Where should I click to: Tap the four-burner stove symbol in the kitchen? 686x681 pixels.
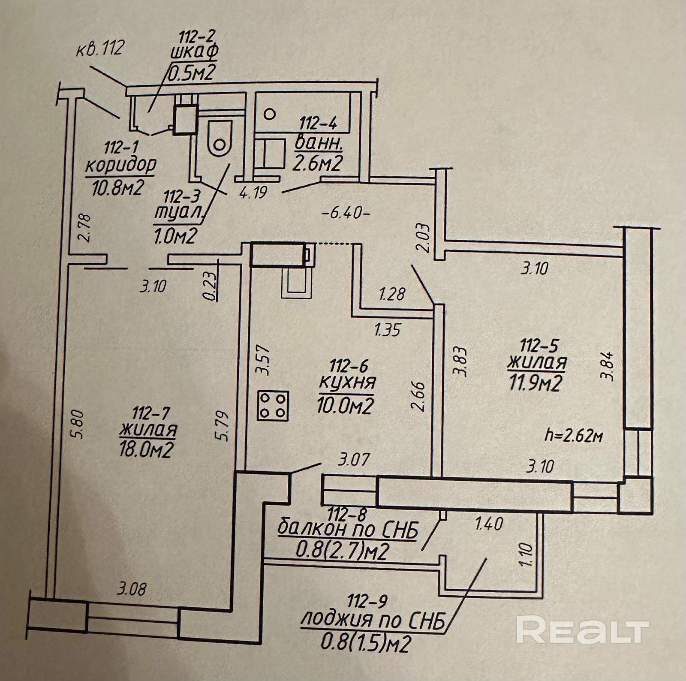click(273, 406)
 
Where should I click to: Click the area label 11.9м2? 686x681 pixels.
click(535, 383)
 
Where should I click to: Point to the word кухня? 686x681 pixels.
click(347, 382)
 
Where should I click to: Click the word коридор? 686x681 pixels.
click(121, 166)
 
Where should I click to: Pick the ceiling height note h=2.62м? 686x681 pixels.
click(574, 436)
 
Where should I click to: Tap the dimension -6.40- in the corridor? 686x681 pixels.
click(345, 213)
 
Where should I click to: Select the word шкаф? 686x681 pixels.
click(194, 51)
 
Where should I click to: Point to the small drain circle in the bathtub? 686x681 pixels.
click(269, 114)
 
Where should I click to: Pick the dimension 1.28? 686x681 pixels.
click(392, 295)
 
